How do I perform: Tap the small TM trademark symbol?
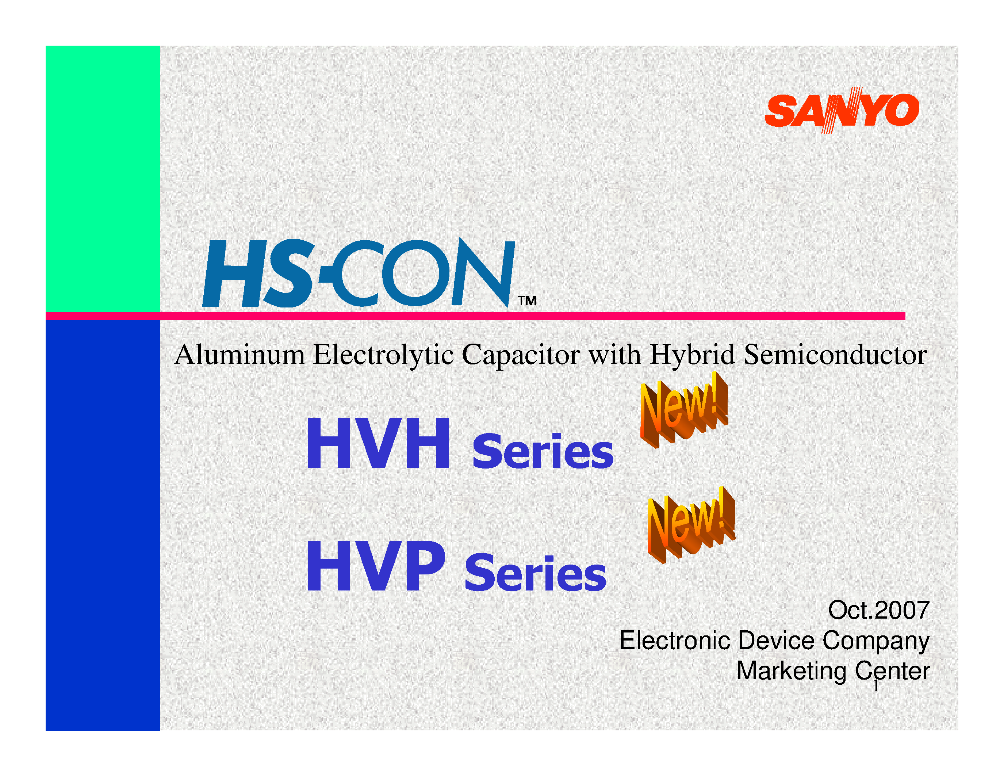(x=527, y=301)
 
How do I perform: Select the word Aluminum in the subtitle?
(x=239, y=355)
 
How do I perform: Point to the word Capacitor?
(x=520, y=355)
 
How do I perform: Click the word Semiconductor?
(x=835, y=355)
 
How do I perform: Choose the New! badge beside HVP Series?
(x=691, y=524)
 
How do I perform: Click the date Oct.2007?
(x=878, y=611)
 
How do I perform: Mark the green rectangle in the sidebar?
(x=103, y=178)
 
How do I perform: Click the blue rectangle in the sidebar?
(x=103, y=524)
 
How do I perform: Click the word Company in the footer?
(x=876, y=641)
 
